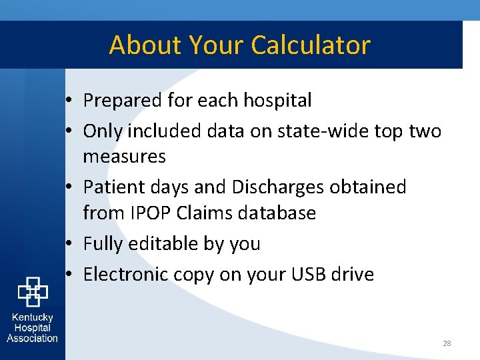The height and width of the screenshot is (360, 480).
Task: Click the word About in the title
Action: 146,45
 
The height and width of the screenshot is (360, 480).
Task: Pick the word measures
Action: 124,157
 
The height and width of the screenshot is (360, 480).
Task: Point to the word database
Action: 279,213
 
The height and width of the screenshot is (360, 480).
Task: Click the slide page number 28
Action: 447,343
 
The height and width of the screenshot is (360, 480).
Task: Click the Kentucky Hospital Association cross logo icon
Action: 33,291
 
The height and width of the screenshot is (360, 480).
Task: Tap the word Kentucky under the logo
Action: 33,318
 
